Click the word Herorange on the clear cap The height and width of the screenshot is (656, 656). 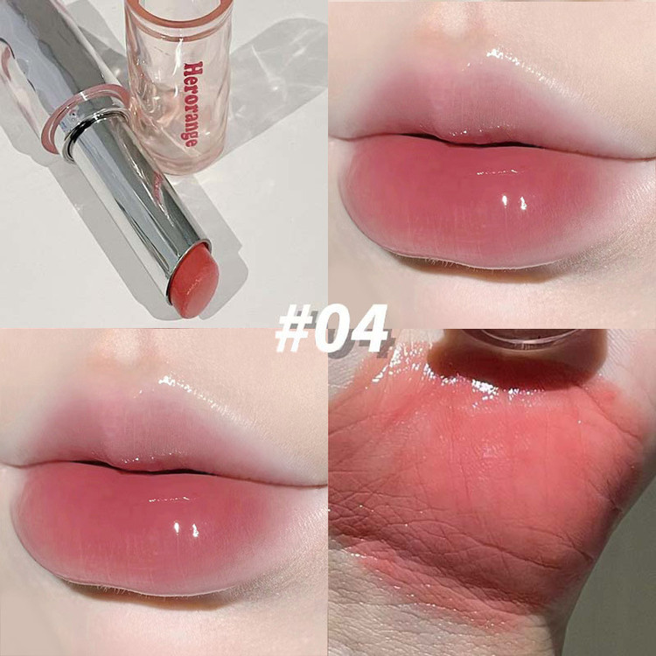click(x=193, y=104)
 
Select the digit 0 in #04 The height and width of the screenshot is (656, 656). click(x=332, y=328)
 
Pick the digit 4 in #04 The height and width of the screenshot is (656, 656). click(x=369, y=328)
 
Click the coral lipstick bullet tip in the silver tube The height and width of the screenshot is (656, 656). click(x=193, y=280)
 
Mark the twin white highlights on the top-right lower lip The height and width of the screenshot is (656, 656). click(x=513, y=202)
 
